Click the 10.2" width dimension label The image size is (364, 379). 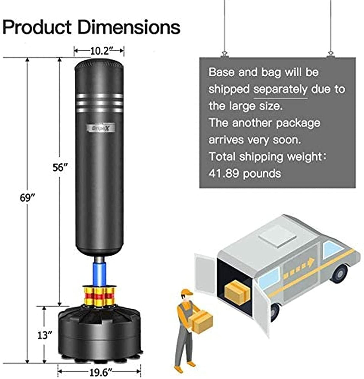[x=100, y=51]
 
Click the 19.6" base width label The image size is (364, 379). [x=99, y=373]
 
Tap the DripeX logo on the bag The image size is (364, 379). [x=99, y=128]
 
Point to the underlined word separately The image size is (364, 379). [x=280, y=89]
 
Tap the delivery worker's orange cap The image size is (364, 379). [x=186, y=292]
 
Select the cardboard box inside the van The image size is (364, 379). [x=237, y=292]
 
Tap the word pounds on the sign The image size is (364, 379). [x=262, y=174]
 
